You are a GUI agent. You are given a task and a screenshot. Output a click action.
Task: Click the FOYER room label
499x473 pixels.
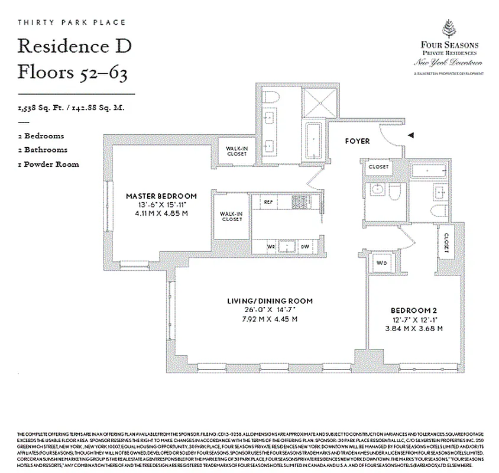357,141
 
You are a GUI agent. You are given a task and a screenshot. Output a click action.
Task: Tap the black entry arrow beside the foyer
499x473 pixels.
410,135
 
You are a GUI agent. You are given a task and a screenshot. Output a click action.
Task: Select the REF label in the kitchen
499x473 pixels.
268,202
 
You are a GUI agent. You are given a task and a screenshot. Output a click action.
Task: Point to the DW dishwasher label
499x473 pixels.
305,245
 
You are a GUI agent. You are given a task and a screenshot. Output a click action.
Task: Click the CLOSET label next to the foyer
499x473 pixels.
378,167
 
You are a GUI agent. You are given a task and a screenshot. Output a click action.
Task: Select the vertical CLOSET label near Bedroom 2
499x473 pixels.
446,242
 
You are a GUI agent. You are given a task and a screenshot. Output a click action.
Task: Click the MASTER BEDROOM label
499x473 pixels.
161,196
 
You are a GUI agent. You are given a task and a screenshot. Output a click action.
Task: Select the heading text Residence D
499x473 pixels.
74,45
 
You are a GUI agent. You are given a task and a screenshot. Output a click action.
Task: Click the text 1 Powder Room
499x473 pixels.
48,164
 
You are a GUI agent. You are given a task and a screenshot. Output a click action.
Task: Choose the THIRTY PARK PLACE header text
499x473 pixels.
72,22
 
